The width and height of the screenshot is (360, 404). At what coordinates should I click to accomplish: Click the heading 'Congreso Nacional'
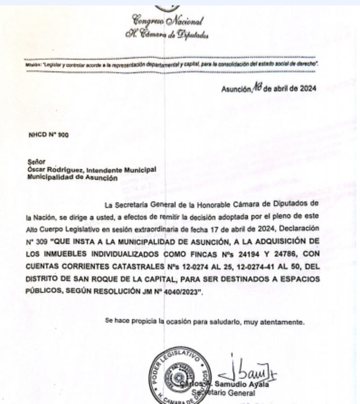click(x=167, y=21)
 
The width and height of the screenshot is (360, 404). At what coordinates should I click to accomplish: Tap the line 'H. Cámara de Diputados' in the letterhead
click(x=166, y=34)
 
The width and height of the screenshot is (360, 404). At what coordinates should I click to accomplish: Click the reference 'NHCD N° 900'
click(x=48, y=135)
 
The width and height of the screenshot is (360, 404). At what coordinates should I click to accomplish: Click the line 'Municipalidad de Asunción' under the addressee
click(x=72, y=177)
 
